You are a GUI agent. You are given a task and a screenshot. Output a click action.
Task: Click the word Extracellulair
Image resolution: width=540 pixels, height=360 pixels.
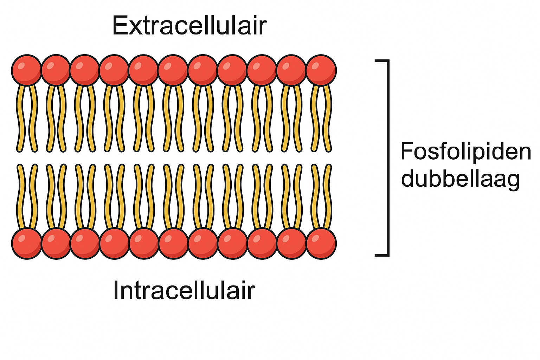[189, 25]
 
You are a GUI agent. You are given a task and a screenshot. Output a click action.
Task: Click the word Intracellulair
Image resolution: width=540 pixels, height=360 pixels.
[184, 291]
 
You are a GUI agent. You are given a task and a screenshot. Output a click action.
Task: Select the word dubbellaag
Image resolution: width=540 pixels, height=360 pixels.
[460, 179]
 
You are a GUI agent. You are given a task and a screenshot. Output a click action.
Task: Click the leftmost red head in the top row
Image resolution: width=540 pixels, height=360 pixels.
[26, 70]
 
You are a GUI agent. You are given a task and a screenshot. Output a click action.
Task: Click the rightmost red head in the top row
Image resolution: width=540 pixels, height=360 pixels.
[321, 70]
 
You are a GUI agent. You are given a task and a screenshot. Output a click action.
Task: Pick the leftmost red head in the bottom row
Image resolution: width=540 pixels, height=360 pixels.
[27, 243]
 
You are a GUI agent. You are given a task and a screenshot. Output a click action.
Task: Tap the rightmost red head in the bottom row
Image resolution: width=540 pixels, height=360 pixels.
[321, 243]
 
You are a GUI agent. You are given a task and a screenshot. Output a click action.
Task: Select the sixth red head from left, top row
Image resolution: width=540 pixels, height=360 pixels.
[173, 70]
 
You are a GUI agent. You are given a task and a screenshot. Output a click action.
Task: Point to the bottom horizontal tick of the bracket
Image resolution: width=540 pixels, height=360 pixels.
[381, 254]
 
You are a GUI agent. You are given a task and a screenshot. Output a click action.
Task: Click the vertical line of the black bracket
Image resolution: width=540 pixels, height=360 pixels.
[388, 157]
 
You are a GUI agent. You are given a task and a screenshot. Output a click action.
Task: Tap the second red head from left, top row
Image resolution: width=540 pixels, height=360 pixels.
[56, 70]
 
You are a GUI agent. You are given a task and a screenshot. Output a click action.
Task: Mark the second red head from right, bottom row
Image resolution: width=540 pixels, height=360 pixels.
[291, 243]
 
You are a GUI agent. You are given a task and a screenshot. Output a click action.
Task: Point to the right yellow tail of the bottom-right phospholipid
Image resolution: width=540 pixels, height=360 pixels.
[328, 197]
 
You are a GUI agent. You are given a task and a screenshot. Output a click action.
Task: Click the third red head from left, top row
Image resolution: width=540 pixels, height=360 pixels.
[85, 70]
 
